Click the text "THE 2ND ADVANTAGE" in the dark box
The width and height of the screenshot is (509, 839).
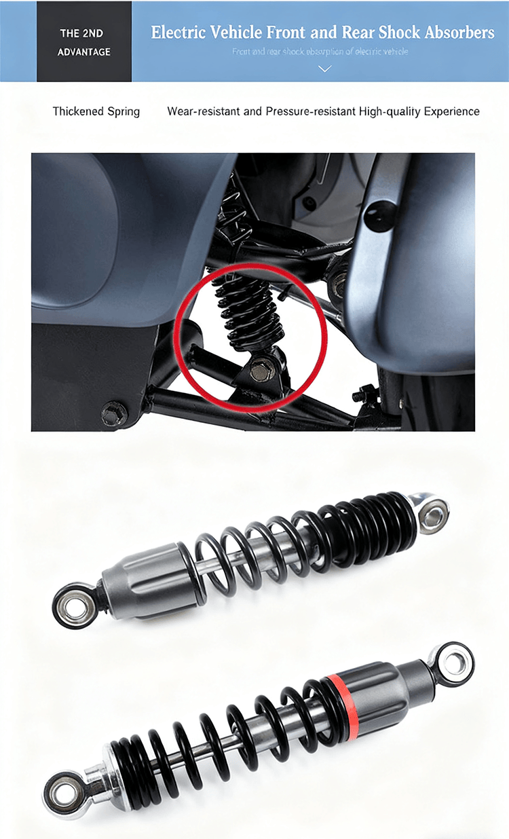(x=83, y=42)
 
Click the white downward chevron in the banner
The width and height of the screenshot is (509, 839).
(x=325, y=69)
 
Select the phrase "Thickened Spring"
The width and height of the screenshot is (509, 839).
(x=96, y=111)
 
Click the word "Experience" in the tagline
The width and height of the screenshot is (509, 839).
(x=451, y=111)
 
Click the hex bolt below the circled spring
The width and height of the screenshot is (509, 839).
(x=262, y=371)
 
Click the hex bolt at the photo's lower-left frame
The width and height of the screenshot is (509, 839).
(x=114, y=412)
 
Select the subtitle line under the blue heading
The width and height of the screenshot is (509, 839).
(x=320, y=52)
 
